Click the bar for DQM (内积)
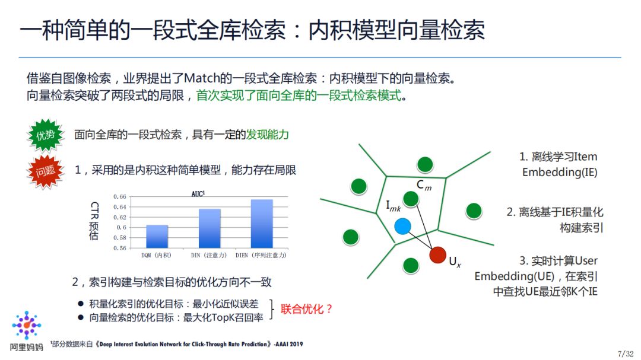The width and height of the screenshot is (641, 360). (157, 236)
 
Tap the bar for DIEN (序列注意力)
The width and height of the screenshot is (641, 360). (262, 223)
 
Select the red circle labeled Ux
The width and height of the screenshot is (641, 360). (438, 254)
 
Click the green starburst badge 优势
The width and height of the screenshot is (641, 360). (45, 135)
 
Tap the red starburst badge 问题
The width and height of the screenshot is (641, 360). (45, 172)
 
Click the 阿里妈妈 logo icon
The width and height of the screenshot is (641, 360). (27, 325)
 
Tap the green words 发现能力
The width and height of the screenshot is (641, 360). (268, 135)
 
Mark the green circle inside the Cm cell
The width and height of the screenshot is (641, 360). (411, 199)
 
